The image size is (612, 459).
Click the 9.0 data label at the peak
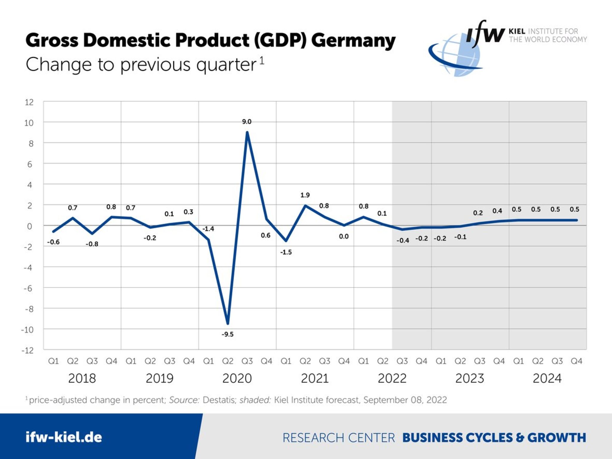click(247, 122)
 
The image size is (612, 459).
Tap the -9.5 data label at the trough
click(227, 334)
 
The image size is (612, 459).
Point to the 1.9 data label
click(305, 195)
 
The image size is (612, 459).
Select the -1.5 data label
click(286, 252)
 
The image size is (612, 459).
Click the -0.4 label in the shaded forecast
click(403, 240)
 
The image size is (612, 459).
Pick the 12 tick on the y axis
click(29, 102)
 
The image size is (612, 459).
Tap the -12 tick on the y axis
click(27, 350)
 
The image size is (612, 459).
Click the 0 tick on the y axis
click(29, 226)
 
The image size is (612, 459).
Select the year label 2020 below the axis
click(237, 378)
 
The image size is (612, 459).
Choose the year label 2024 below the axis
click(547, 378)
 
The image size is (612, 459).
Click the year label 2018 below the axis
click(82, 378)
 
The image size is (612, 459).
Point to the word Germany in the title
click(353, 40)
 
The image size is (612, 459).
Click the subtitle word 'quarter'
click(226, 65)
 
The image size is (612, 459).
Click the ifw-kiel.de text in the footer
click(64, 437)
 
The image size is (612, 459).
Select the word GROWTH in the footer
click(556, 437)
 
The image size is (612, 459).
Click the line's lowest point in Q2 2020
click(228, 323)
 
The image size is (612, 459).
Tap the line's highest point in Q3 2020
click(247, 132)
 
